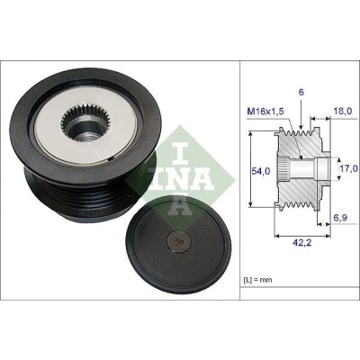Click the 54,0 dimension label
261,171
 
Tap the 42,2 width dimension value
301,242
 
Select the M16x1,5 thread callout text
265,112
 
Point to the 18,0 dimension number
342,112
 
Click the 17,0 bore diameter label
349,168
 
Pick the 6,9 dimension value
340,218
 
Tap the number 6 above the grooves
301,93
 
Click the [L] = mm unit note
256,280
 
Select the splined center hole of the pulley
85,122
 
